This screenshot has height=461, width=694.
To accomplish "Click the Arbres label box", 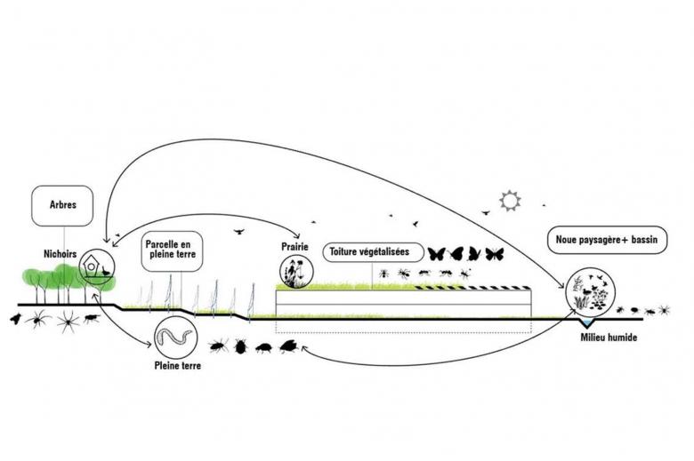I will (x=58, y=204).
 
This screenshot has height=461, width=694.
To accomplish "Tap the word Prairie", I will (x=294, y=246).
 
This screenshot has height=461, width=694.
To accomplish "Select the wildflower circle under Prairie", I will (x=294, y=270).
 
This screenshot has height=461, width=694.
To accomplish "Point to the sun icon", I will (x=510, y=201).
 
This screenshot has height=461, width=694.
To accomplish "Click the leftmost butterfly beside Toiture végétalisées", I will (x=437, y=254).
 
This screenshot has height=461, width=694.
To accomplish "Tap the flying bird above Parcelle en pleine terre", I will (x=238, y=231).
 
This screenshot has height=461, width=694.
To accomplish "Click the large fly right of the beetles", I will (x=289, y=346).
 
